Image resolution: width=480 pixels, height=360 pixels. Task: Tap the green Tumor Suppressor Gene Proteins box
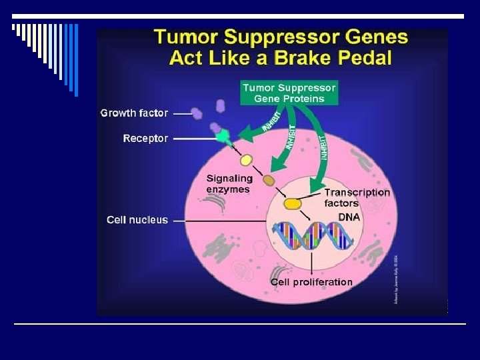[289, 93]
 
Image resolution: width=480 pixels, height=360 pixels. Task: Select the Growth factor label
[134, 113]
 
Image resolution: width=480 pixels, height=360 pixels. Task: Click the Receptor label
[145, 139]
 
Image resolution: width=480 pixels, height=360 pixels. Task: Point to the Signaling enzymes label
[229, 183]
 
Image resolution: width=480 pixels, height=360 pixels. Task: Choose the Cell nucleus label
[137, 219]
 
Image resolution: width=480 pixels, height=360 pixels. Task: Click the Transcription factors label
[357, 197]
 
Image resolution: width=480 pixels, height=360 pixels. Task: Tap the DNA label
[349, 217]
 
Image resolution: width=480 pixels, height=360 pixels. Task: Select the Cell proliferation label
[311, 282]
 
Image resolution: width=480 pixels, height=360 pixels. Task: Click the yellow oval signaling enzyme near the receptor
[246, 160]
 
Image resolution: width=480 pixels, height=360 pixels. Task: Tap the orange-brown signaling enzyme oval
[269, 180]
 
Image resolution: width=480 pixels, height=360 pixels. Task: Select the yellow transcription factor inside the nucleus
[292, 203]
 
